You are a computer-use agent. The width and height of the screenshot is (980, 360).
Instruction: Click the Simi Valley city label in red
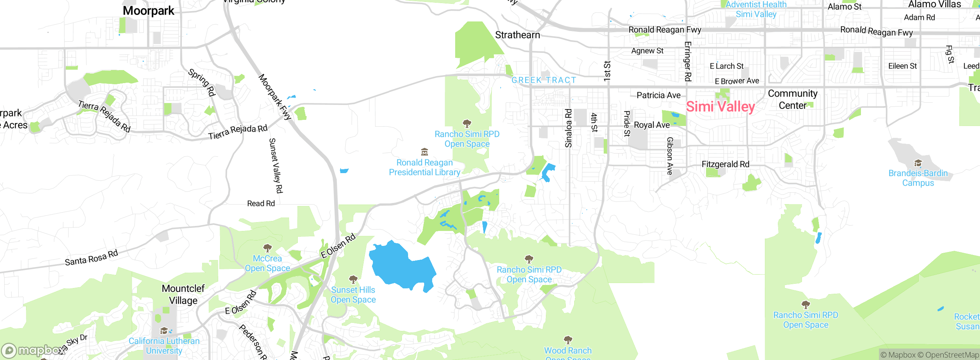[720, 107]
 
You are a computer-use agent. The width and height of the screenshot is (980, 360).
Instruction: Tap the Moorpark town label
[149, 11]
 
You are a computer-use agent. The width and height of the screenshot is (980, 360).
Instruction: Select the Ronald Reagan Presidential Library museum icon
[424, 152]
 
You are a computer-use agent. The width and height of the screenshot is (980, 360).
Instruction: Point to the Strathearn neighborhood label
[517, 35]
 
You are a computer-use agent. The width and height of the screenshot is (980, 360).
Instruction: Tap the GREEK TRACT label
[544, 80]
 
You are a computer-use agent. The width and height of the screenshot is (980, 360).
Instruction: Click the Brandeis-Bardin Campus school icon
[918, 164]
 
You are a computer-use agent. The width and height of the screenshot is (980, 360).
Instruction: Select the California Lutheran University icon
[164, 331]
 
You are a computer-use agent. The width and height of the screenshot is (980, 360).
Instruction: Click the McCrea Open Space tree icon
[267, 248]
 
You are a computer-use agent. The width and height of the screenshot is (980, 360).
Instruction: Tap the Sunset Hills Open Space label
[353, 295]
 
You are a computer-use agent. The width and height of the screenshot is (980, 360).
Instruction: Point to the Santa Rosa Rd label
[91, 258]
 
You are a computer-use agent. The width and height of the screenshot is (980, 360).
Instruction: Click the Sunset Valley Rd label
[276, 165]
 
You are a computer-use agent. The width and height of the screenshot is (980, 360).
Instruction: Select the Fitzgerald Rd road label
[725, 164]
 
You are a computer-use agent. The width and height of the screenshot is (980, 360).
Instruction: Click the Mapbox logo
[33, 350]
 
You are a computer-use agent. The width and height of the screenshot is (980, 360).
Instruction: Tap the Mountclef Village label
[183, 294]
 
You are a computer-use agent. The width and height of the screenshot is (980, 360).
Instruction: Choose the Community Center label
[792, 99]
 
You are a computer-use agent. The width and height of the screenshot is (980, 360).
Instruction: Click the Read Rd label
[261, 203]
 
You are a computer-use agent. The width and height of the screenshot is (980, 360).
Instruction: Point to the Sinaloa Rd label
[568, 128]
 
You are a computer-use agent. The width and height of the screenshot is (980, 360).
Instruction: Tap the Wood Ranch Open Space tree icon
[568, 340]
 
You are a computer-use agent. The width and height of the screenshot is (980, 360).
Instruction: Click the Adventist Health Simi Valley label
[756, 9]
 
